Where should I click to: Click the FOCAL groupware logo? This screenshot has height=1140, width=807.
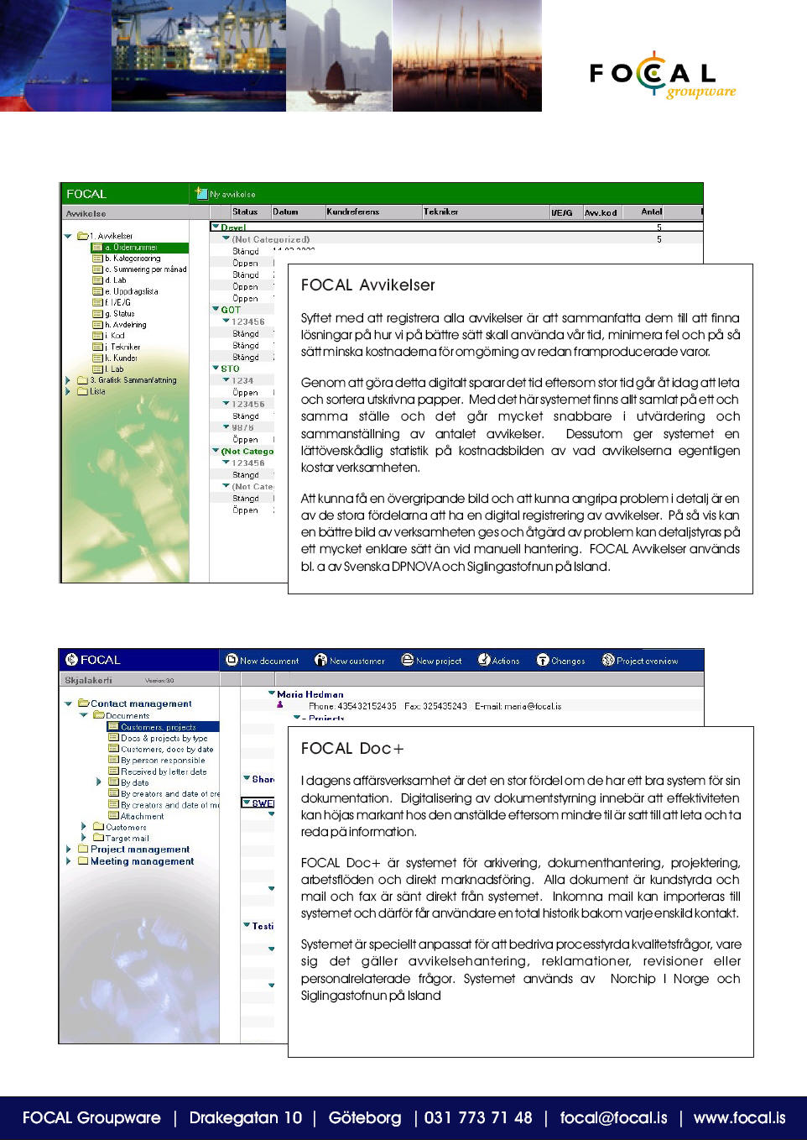click(662, 76)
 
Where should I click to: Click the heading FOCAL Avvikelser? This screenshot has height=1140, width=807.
click(367, 285)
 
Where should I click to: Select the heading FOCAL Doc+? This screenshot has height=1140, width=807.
click(352, 749)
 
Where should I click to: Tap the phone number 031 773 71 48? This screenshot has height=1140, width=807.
click(478, 1117)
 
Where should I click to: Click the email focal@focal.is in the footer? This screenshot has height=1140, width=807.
click(613, 1117)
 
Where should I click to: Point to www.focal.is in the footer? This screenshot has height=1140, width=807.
click(739, 1117)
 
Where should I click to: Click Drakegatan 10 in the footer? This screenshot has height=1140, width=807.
click(245, 1117)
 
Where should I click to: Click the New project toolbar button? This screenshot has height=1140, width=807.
click(431, 661)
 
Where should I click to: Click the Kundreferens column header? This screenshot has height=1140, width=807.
click(353, 212)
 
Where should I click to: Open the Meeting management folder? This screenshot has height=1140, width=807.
click(142, 861)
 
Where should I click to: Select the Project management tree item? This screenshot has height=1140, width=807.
click(140, 850)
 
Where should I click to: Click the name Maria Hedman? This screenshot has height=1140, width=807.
click(310, 694)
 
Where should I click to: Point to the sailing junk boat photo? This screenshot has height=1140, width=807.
click(339, 56)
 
